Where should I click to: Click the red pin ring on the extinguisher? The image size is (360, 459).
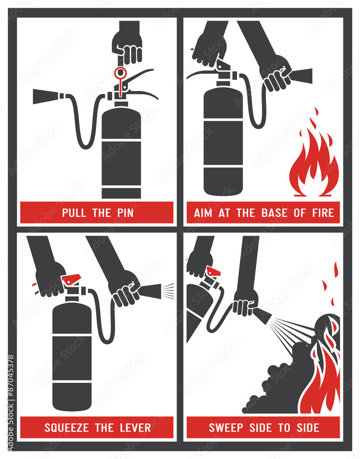point(121,72)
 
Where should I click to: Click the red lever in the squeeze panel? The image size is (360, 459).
point(71,279)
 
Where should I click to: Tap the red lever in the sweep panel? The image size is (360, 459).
point(213,271)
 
